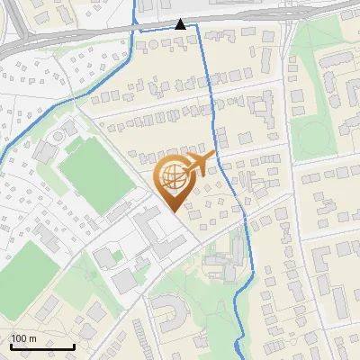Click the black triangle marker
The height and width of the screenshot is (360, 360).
tap(181, 24)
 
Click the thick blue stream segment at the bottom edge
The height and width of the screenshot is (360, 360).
tap(238, 346)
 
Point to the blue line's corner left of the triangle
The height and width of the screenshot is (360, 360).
tap(136, 27)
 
